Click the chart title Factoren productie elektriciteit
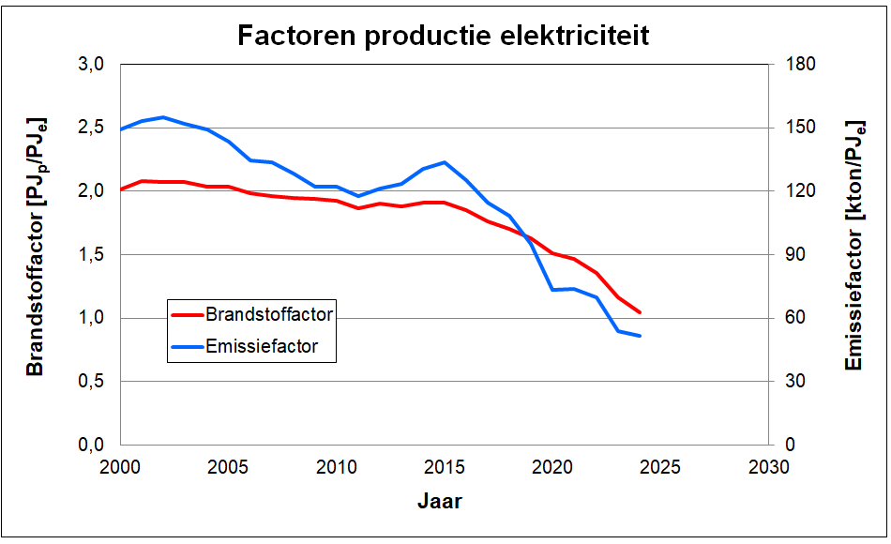click(x=443, y=36)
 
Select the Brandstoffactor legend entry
click(x=268, y=314)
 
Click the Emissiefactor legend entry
click(x=262, y=346)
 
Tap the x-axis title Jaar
click(x=439, y=500)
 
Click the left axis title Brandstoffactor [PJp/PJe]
click(x=36, y=248)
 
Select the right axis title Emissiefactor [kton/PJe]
click(x=854, y=246)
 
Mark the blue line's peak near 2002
click(x=163, y=117)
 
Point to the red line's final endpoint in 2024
click(x=640, y=312)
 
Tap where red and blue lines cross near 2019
click(x=526, y=234)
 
